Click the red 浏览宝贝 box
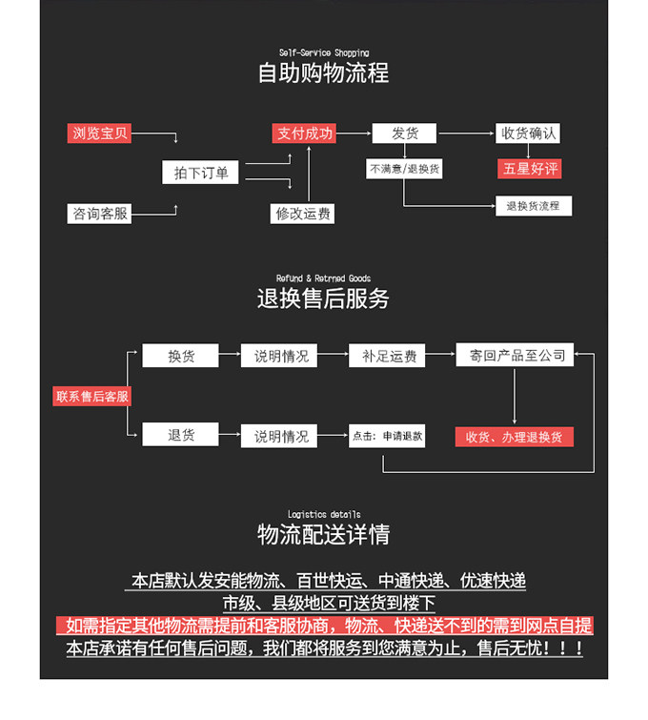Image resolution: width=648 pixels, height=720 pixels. [x=100, y=134]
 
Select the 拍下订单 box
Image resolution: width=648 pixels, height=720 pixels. [x=201, y=173]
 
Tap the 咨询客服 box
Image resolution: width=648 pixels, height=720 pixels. [x=100, y=214]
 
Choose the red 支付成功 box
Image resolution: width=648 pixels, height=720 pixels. [x=305, y=134]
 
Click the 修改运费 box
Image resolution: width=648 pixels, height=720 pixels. [x=303, y=214]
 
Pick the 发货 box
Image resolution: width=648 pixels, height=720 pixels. [x=405, y=134]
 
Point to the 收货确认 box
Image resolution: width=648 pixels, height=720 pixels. [x=529, y=134]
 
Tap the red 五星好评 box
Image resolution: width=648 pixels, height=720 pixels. [x=530, y=169]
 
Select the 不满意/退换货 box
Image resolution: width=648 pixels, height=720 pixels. [x=404, y=169]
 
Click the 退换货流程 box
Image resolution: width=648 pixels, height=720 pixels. [x=533, y=205]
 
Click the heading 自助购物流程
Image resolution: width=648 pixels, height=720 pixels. [x=323, y=73]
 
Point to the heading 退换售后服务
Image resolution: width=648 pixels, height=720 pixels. [x=323, y=298]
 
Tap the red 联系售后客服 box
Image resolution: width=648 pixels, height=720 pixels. [x=91, y=396]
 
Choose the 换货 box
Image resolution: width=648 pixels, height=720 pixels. [x=181, y=356]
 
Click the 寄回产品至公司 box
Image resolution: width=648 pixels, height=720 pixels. [x=515, y=356]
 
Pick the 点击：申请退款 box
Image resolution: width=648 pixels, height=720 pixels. [x=387, y=436]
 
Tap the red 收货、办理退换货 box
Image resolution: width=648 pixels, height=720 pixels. [x=515, y=436]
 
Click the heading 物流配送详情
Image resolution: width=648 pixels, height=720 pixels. [x=323, y=534]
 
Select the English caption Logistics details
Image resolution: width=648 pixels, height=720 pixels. [x=324, y=514]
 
